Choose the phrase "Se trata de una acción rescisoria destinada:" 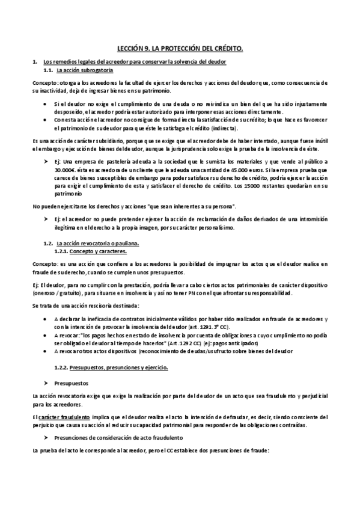coord(85,306)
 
